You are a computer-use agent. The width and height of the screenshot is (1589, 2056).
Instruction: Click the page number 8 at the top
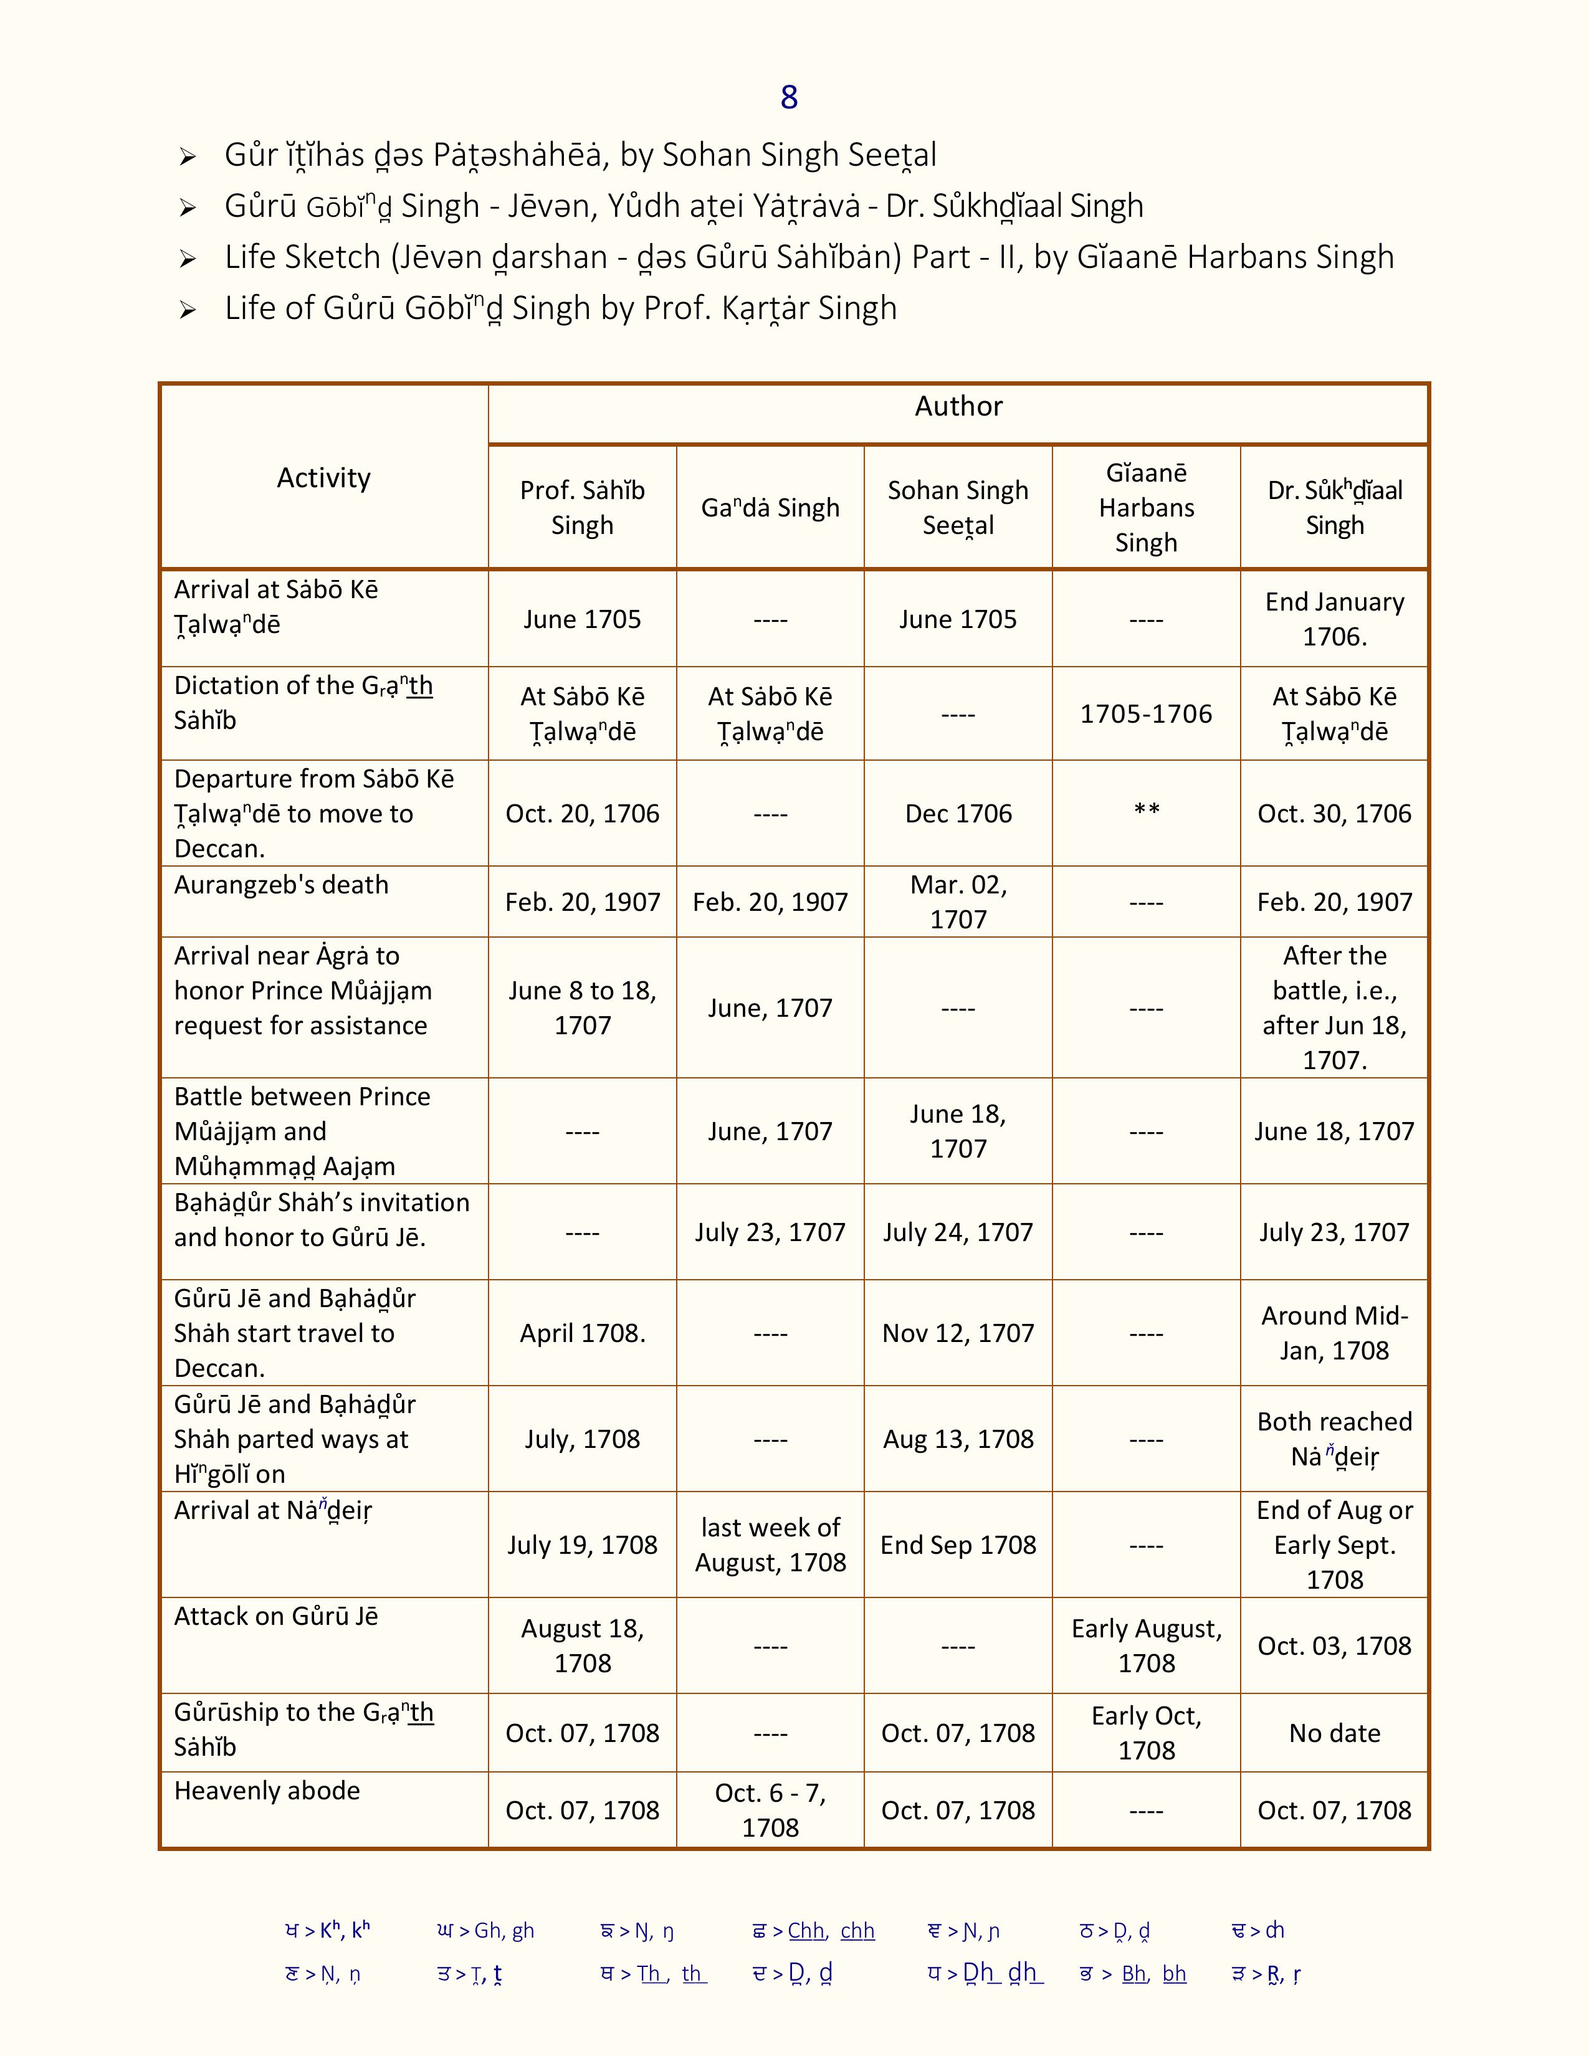[x=789, y=97]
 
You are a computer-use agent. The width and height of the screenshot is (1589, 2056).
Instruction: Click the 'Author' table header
[x=958, y=407]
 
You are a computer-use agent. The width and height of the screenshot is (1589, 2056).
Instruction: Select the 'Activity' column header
[x=324, y=478]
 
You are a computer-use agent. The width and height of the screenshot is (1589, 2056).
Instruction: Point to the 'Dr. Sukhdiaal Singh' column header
[x=1334, y=507]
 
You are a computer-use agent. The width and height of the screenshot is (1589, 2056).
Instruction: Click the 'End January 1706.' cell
[x=1334, y=619]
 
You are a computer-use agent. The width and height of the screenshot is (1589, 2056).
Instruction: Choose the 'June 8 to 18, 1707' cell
[x=582, y=1007]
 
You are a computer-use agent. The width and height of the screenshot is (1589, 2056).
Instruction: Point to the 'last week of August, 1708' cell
[x=770, y=1545]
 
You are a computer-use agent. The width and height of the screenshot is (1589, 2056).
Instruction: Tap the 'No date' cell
[x=1334, y=1733]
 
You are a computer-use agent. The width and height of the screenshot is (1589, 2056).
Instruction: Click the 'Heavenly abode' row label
[x=267, y=1791]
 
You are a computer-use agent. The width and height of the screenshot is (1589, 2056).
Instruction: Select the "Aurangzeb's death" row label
[x=282, y=885]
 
